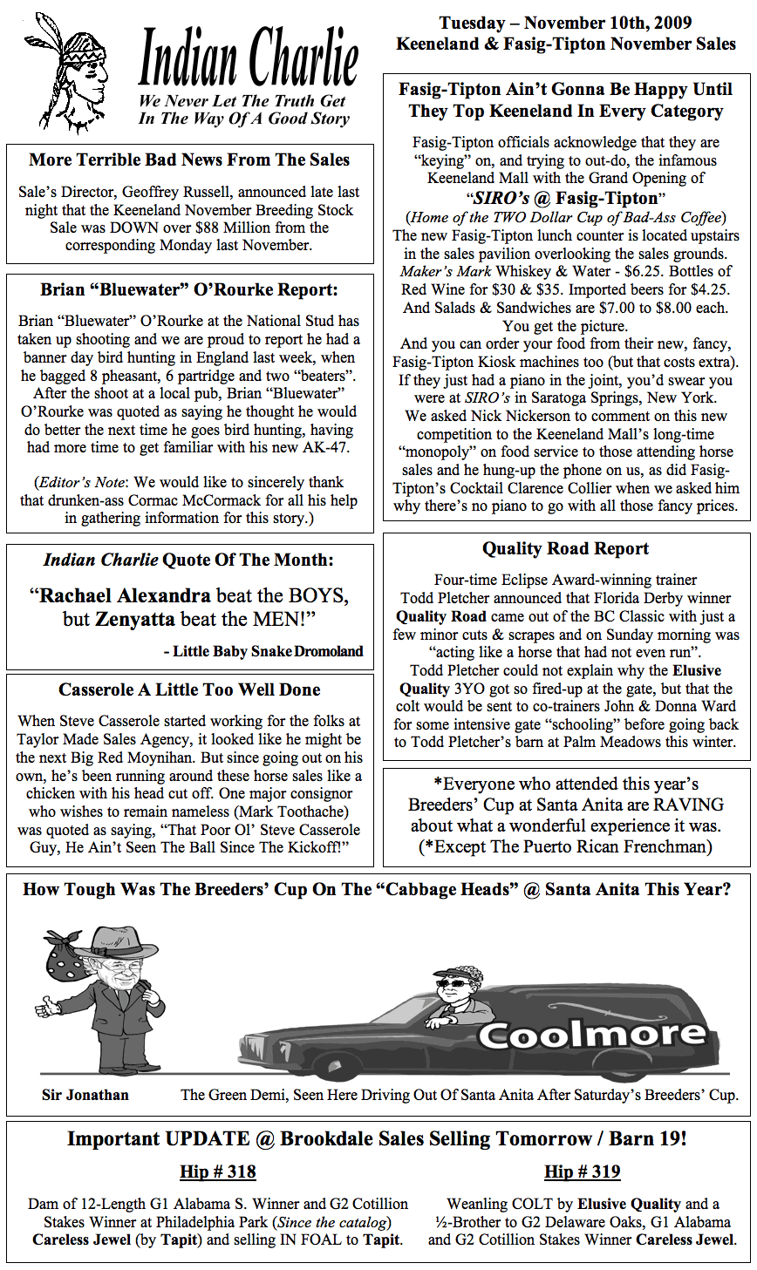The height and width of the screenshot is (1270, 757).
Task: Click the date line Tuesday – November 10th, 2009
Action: tap(566, 24)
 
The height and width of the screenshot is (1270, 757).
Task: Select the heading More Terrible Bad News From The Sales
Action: tap(189, 160)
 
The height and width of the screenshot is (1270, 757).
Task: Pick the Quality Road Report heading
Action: tap(565, 549)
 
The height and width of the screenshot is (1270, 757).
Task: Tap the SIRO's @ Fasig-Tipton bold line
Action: tap(565, 198)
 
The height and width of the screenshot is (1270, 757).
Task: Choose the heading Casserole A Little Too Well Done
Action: tap(189, 689)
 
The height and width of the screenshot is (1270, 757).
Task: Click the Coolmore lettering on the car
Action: tap(591, 1035)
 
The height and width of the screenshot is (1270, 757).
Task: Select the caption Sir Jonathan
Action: tap(85, 1095)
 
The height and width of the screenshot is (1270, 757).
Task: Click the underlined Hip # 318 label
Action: tap(217, 1172)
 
